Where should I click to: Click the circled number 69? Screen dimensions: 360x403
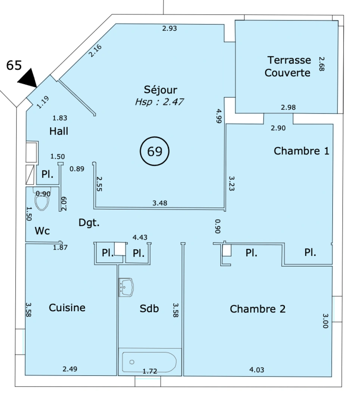(x=155, y=151)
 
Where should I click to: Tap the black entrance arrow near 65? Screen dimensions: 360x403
(x=29, y=78)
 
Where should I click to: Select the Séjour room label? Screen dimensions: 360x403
(x=161, y=90)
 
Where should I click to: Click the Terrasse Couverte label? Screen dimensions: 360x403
(x=288, y=66)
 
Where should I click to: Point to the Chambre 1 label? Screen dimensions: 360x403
(x=301, y=151)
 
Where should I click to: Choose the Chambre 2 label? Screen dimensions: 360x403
(x=258, y=309)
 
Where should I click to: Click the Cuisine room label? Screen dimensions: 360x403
(x=67, y=307)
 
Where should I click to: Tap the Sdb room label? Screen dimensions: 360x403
(x=149, y=309)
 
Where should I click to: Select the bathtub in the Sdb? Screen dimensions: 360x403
(x=149, y=362)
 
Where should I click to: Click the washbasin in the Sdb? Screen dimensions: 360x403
(x=126, y=287)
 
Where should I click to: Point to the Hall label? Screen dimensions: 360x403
(x=59, y=131)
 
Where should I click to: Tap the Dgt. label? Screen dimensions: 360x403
(x=89, y=222)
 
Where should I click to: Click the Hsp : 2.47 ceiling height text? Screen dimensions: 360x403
(x=159, y=102)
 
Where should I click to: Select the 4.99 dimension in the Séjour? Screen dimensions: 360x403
(x=219, y=116)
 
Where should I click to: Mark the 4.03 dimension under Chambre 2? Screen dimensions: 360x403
(x=257, y=370)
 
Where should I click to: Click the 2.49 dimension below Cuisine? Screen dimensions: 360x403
(x=70, y=369)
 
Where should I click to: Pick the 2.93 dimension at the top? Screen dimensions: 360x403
(x=170, y=28)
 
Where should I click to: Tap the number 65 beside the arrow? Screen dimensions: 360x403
(x=14, y=65)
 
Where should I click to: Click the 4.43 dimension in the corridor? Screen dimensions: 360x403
(x=140, y=237)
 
